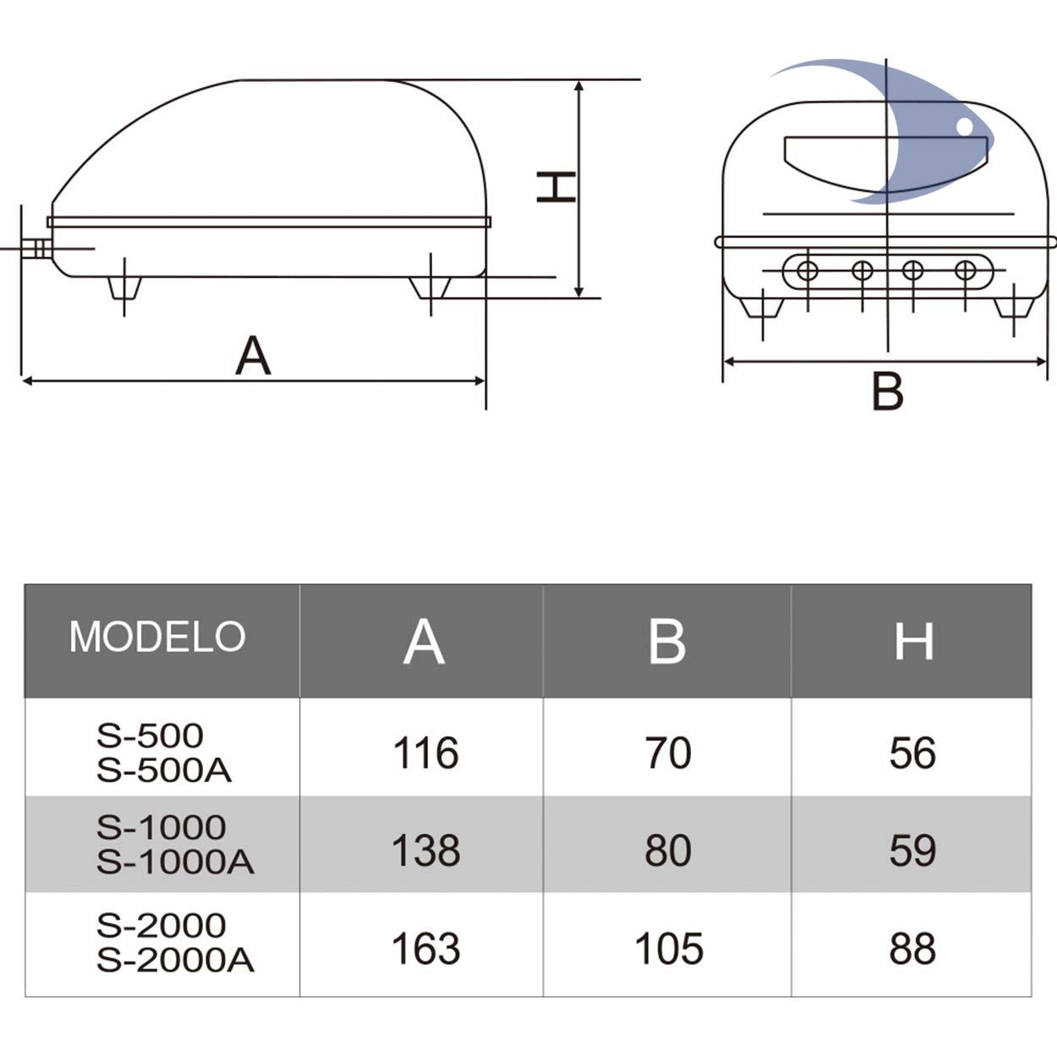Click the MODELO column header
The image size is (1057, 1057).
click(157, 637)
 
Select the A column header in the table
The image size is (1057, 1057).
click(424, 641)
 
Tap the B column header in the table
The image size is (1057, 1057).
click(667, 641)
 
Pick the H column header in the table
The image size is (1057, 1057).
click(913, 641)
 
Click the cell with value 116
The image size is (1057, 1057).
click(425, 753)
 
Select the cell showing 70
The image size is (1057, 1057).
click(668, 753)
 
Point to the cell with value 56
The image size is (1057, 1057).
click(912, 753)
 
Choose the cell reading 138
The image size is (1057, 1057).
click(425, 851)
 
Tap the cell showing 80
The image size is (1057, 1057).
click(668, 851)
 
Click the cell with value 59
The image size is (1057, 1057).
click(912, 851)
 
